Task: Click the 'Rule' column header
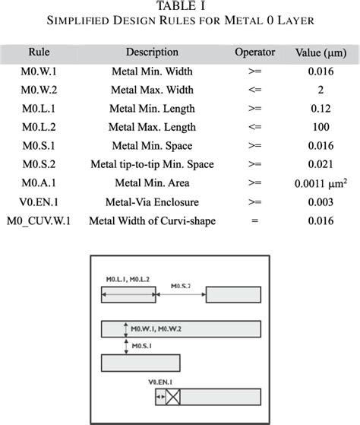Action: coord(39,53)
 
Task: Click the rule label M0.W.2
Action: coord(39,90)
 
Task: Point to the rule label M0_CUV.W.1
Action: coord(40,220)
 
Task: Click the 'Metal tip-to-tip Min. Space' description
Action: coord(152,164)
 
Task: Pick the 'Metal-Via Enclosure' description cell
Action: coord(152,202)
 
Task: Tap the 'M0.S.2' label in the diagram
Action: coord(181,286)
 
